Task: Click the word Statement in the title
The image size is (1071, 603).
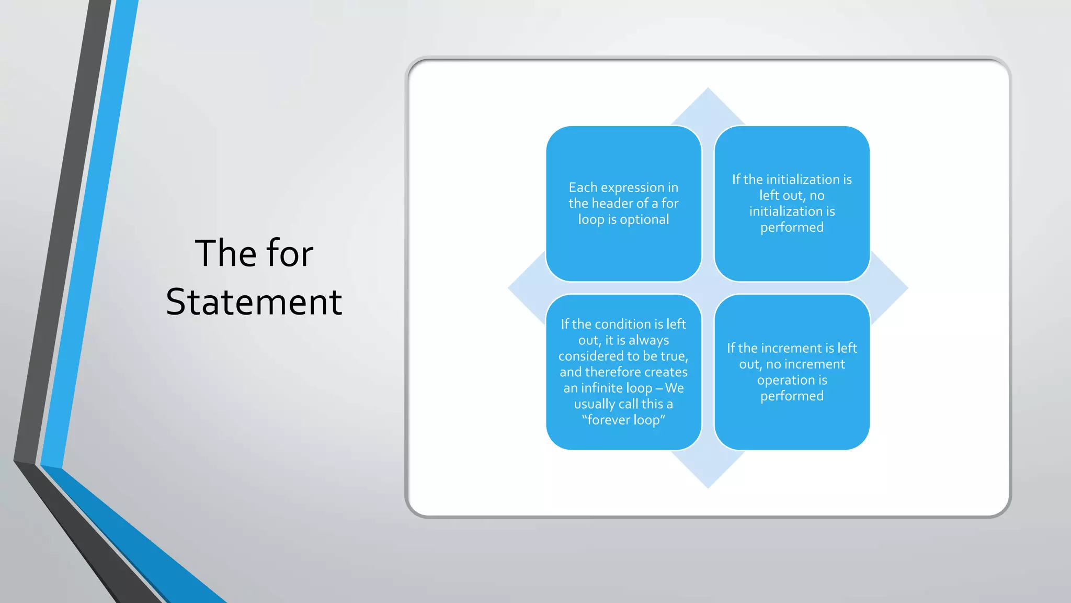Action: (x=254, y=302)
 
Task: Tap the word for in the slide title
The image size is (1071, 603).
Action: (x=290, y=254)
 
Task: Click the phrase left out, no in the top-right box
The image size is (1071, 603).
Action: (x=792, y=196)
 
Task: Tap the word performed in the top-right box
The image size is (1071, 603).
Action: (x=792, y=228)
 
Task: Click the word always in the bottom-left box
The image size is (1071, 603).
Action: (x=648, y=341)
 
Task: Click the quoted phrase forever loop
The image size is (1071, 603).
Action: (x=623, y=420)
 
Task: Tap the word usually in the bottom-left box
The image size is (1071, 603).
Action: (x=595, y=404)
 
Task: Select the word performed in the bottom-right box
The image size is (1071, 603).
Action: (x=792, y=396)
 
